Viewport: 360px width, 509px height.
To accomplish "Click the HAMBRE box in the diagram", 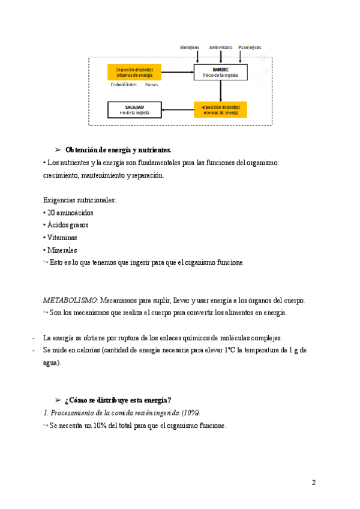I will (x=220, y=72).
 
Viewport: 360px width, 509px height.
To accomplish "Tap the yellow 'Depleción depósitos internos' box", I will (x=134, y=72).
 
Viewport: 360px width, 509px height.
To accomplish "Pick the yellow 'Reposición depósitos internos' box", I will (x=220, y=109).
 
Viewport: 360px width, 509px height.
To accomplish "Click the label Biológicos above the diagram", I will (x=190, y=47).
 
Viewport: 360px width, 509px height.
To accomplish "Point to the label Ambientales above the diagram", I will (x=220, y=47).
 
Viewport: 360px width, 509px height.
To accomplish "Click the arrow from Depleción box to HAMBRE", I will (x=178, y=72).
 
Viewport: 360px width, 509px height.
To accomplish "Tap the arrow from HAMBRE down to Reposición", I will (x=221, y=90).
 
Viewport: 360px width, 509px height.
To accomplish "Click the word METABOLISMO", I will (x=70, y=300).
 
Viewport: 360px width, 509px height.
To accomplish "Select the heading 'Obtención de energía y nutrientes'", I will (x=118, y=149).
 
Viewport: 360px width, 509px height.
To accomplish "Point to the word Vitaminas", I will (x=62, y=238).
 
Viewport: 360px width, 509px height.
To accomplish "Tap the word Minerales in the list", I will (x=62, y=250).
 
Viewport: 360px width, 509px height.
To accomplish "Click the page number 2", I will (x=314, y=483).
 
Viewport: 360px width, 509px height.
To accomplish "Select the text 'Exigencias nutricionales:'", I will (x=80, y=200).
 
